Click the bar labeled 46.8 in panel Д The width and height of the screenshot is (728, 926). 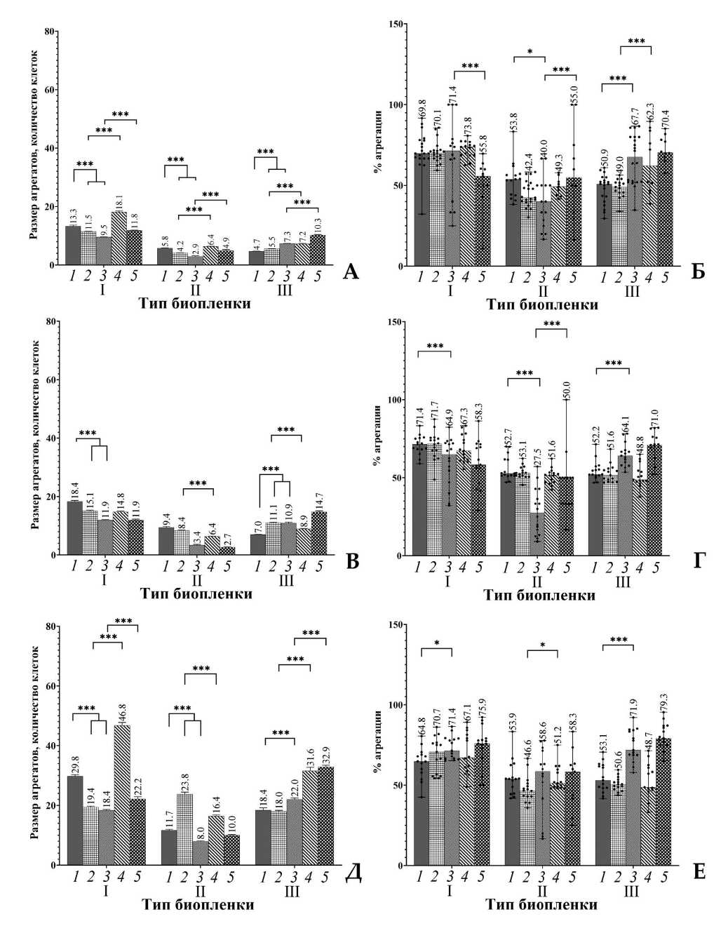121,796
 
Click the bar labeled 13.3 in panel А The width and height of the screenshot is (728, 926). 73,246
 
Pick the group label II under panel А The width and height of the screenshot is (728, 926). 195,289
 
